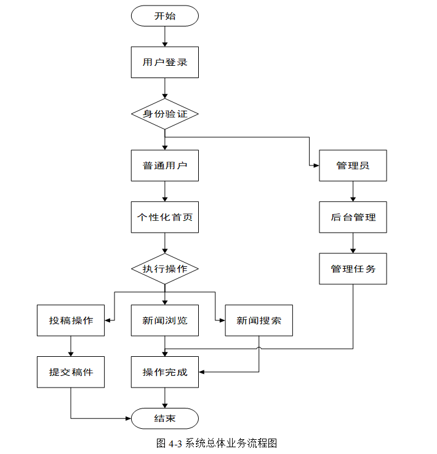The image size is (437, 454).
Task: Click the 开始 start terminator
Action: click(165, 15)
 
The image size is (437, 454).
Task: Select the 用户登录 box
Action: click(165, 62)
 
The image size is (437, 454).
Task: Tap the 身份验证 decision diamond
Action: click(165, 114)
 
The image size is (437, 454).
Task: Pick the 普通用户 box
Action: click(165, 165)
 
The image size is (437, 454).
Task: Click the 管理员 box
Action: click(353, 165)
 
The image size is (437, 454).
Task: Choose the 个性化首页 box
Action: click(165, 217)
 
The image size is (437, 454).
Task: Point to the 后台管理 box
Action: click(353, 217)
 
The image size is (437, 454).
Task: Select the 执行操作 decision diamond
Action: click(165, 269)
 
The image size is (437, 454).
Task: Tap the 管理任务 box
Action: click(353, 269)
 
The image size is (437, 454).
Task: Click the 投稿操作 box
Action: click(71, 321)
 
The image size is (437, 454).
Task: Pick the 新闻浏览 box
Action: click(165, 321)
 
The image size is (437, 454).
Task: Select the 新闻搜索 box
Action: click(259, 321)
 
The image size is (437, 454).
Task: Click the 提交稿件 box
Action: click(71, 372)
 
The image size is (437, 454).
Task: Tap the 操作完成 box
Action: click(165, 372)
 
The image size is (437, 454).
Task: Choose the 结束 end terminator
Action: click(165, 418)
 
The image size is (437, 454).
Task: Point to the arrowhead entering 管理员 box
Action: click(316, 165)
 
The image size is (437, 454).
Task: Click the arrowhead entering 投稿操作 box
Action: click(107, 321)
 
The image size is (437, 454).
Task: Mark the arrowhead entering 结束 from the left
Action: click(128, 418)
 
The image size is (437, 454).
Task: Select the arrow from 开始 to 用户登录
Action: click(165, 36)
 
